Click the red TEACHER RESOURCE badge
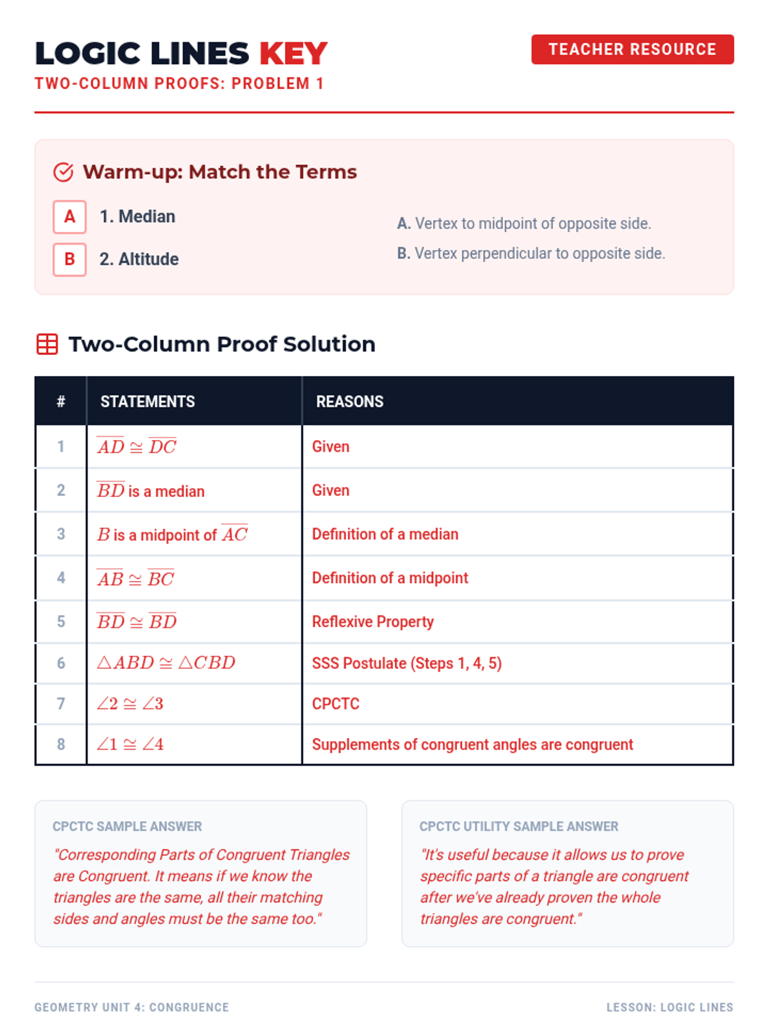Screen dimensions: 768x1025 [x=632, y=49]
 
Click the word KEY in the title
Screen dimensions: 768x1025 [x=293, y=53]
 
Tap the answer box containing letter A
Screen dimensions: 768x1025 [x=70, y=217]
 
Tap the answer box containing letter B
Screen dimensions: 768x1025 [x=70, y=259]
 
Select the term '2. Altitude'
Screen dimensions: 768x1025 [x=139, y=259]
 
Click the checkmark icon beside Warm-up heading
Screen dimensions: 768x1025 [x=63, y=172]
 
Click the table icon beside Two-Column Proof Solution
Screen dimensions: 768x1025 [x=47, y=344]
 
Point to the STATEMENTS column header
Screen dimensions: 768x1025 [x=147, y=401]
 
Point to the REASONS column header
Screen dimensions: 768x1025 [x=349, y=401]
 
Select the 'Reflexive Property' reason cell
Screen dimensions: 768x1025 [x=372, y=621]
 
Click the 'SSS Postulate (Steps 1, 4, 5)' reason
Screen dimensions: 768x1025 [x=406, y=663]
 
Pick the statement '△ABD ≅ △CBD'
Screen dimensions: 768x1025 [x=166, y=662]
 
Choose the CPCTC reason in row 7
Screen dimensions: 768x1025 [x=335, y=703]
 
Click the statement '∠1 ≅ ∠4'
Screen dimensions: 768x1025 [x=130, y=744]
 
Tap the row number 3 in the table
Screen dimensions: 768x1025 [x=61, y=534]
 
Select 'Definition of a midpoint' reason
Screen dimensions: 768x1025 [x=390, y=578]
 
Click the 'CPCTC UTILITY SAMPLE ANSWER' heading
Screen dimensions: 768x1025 [x=518, y=826]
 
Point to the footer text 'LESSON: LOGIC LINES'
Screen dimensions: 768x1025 [x=669, y=1007]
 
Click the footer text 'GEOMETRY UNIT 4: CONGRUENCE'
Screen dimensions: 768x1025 [x=131, y=1007]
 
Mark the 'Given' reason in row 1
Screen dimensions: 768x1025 [x=331, y=447]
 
